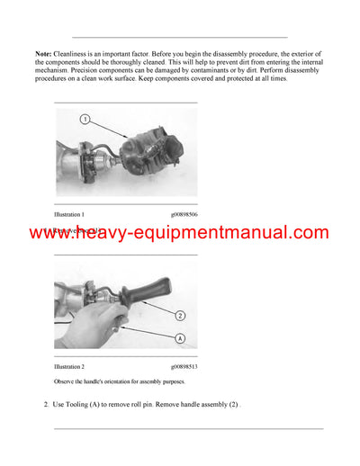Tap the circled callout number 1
(x=84, y=119)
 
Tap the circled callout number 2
(x=179, y=316)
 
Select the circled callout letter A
(x=179, y=339)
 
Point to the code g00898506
(x=184, y=215)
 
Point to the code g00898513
(x=184, y=367)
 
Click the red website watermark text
(x=180, y=234)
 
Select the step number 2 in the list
(x=46, y=405)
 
